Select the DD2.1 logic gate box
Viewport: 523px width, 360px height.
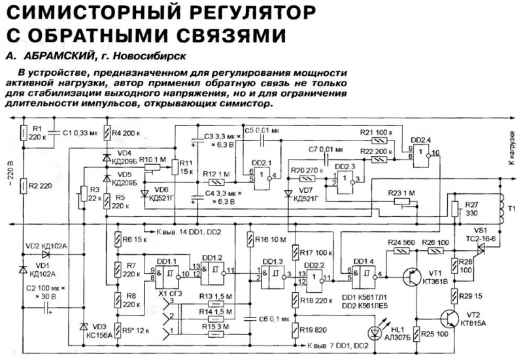pyautogui.click(x=261, y=175)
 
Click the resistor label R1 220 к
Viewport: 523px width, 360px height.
pyautogui.click(x=39, y=133)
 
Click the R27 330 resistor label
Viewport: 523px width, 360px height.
pyautogui.click(x=471, y=209)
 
